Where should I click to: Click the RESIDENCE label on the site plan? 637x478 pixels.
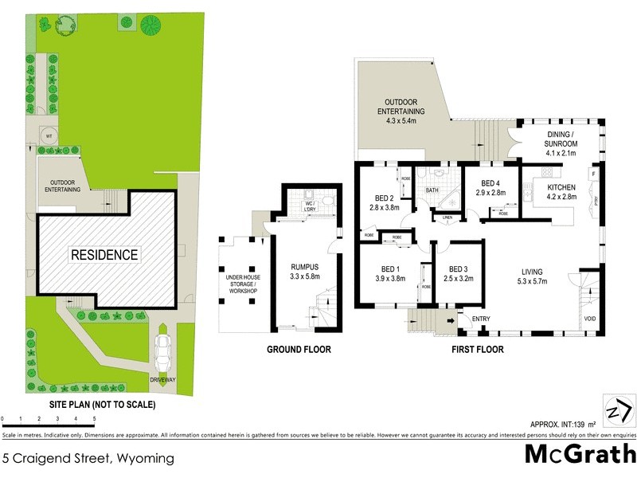click(x=104, y=255)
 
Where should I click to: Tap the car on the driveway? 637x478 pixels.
click(x=164, y=349)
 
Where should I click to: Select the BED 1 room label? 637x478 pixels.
click(x=385, y=273)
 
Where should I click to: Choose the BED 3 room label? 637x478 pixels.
click(x=460, y=273)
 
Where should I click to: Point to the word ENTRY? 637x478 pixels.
click(x=481, y=319)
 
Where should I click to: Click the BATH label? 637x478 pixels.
click(x=432, y=190)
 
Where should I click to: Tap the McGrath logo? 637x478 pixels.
click(x=579, y=454)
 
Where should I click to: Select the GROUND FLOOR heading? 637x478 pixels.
click(x=299, y=349)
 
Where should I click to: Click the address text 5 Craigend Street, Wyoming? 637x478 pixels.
click(x=88, y=459)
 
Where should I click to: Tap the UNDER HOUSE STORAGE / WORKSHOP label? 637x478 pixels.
click(x=242, y=282)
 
